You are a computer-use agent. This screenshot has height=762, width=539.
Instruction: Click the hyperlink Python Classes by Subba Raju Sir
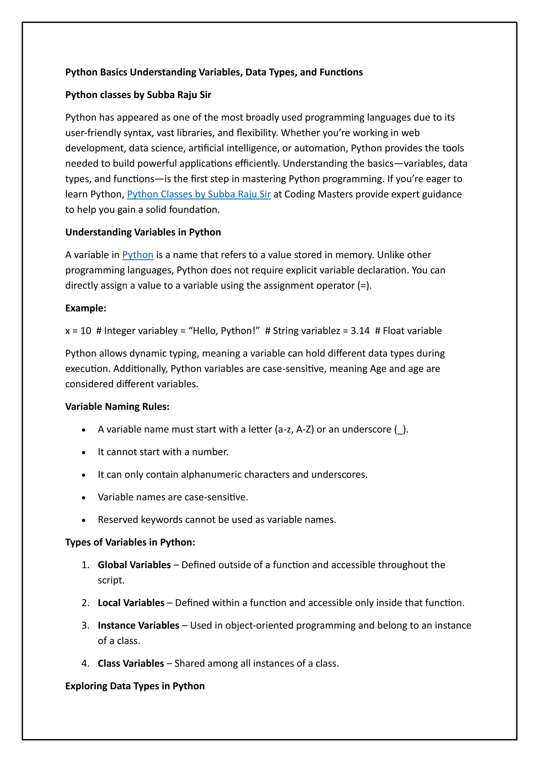coord(199,194)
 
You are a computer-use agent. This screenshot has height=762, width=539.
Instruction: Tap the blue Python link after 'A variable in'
coord(138,255)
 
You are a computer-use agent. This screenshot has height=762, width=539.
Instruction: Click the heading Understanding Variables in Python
coord(143,232)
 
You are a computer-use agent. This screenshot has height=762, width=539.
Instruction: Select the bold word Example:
coord(86,308)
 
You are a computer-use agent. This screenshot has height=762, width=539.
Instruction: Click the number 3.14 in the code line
coord(360,331)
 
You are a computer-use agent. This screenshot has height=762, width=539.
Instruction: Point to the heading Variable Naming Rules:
coord(117,407)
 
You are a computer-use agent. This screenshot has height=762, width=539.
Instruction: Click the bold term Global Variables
coord(134,565)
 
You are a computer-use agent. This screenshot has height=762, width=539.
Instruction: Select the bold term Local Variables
coord(131,603)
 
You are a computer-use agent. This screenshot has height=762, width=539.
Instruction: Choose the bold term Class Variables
coord(131,663)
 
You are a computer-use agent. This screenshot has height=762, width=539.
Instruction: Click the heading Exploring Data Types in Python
coord(135,686)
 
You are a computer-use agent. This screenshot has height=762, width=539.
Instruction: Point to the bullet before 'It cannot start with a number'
coord(84,453)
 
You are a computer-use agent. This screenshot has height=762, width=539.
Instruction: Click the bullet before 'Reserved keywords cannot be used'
coord(84,520)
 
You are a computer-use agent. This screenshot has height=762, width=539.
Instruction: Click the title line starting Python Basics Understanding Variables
coord(214,72)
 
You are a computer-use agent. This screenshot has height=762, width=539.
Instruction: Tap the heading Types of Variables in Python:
coord(130,542)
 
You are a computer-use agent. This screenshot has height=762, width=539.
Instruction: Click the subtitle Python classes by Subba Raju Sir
coord(138,95)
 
